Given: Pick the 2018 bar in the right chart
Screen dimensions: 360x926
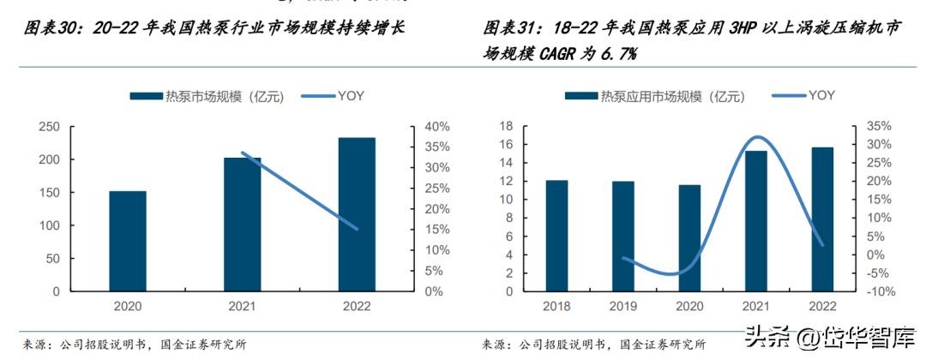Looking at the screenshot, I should (556, 236).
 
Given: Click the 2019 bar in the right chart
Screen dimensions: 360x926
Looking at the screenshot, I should (623, 237).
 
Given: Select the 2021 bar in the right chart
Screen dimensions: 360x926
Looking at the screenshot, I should (755, 221).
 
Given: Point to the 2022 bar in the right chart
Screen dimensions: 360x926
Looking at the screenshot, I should (821, 219).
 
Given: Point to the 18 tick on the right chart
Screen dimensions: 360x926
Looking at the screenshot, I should (506, 126).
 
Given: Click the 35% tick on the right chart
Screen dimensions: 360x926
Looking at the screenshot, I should (877, 126).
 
